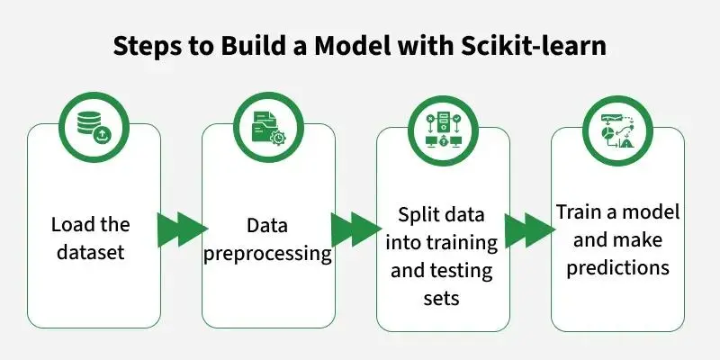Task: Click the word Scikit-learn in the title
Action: pyautogui.click(x=533, y=47)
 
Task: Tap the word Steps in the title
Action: pyautogui.click(x=148, y=48)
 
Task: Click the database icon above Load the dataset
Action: pyautogui.click(x=94, y=127)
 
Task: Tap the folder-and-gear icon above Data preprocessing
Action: pyautogui.click(x=268, y=127)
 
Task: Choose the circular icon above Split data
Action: pyautogui.click(x=443, y=130)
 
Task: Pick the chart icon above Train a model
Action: pyautogui.click(x=617, y=130)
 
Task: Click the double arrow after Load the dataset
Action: pyautogui.click(x=182, y=229)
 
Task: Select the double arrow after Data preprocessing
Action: pyautogui.click(x=355, y=229)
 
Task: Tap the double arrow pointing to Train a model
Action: pyautogui.click(x=530, y=230)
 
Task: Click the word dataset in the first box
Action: pyautogui.click(x=91, y=252)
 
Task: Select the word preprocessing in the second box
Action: pyautogui.click(x=267, y=255)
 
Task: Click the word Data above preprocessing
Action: pyautogui.click(x=267, y=226)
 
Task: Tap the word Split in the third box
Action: pyautogui.click(x=416, y=215)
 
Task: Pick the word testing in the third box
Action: pyautogui.click(x=463, y=272)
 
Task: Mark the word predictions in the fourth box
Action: pyautogui.click(x=618, y=268)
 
